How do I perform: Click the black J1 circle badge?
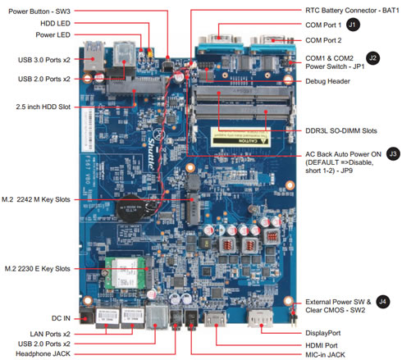click(x=353, y=25)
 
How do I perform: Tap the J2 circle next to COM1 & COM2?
click(x=372, y=58)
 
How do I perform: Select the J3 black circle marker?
click(x=393, y=154)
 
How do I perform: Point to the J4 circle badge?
click(x=382, y=302)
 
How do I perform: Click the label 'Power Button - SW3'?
click(x=39, y=11)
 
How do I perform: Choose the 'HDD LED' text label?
click(x=55, y=24)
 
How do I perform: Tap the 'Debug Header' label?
click(x=327, y=81)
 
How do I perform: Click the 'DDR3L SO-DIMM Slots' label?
click(x=341, y=130)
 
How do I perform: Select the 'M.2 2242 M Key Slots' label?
click(x=36, y=199)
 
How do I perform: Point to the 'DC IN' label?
click(x=61, y=318)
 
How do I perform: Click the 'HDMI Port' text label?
click(x=322, y=345)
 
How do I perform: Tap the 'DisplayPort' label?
click(x=323, y=333)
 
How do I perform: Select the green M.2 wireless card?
click(x=125, y=273)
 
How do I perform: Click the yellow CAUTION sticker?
click(x=240, y=137)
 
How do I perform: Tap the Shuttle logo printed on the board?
click(x=151, y=153)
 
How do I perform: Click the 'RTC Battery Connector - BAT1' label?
click(x=352, y=11)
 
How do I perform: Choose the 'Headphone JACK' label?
click(x=43, y=353)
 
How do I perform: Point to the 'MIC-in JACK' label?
click(x=325, y=355)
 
